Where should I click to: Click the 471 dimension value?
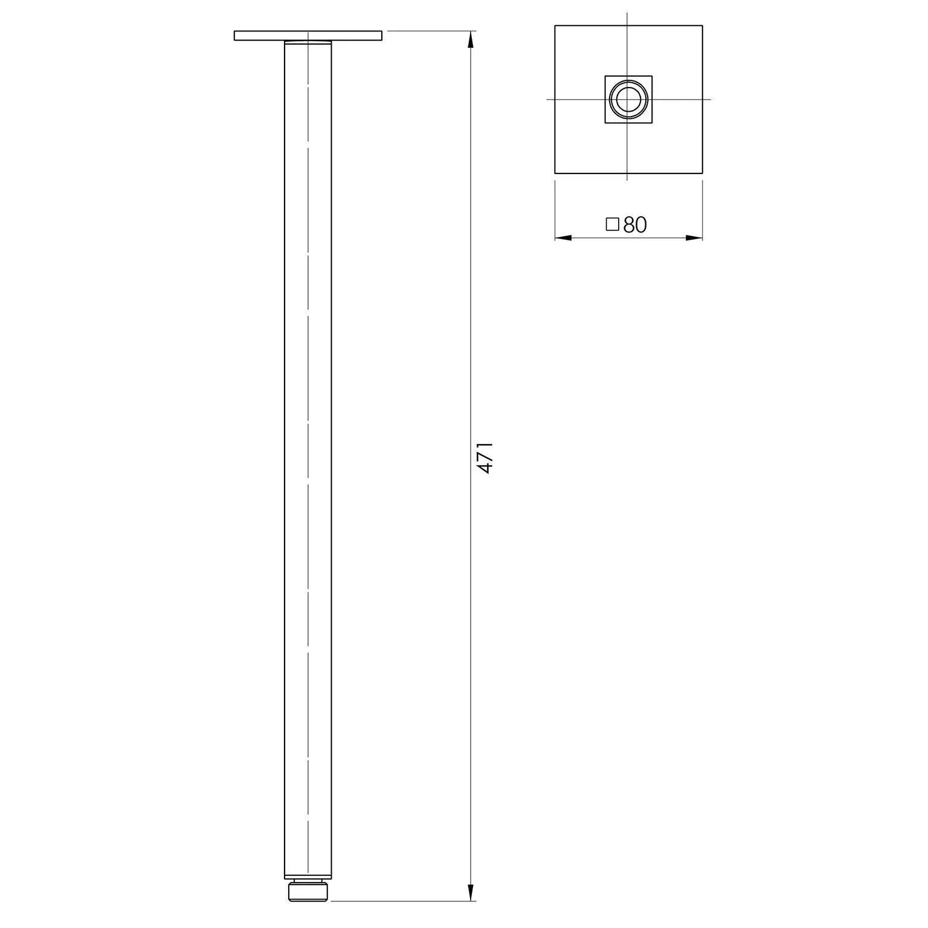[485, 457]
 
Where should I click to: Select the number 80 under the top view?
[635, 225]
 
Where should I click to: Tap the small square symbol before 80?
[612, 225]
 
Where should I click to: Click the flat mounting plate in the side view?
[308, 36]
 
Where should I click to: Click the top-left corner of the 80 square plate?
[555, 26]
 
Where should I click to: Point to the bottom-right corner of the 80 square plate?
[702, 174]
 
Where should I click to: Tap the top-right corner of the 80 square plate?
[702, 26]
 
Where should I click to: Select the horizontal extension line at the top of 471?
[429, 30]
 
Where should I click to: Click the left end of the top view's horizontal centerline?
[548, 99]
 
